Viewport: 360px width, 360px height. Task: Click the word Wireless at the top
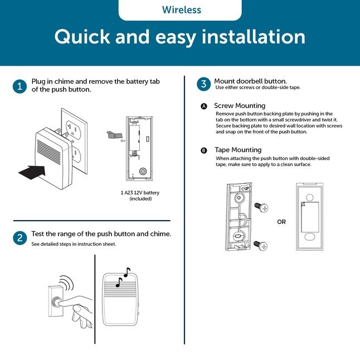point(181,10)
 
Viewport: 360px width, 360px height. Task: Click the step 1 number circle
point(20,86)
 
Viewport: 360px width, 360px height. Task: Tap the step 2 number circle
point(20,238)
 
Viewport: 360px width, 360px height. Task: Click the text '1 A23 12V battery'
point(140,192)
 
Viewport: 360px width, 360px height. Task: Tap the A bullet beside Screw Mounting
point(204,106)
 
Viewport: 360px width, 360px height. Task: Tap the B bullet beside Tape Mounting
point(204,150)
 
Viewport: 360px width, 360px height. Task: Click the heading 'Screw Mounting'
point(240,105)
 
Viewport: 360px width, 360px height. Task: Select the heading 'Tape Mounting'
point(237,150)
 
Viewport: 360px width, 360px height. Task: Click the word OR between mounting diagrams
point(281,221)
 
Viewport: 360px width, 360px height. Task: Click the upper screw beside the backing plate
point(261,207)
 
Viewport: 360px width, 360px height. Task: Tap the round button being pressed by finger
point(56,304)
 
